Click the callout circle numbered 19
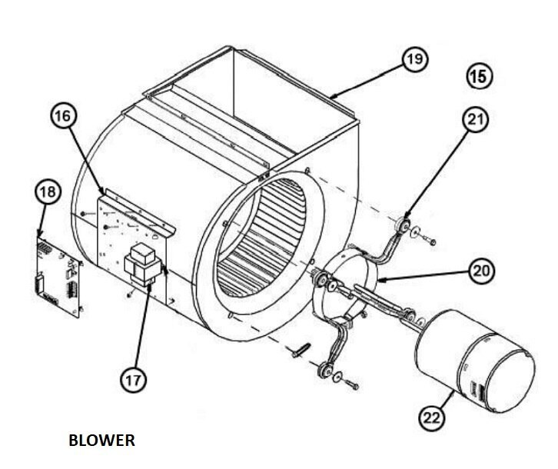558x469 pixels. (415, 59)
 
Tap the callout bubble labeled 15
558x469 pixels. (479, 77)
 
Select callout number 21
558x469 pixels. (476, 120)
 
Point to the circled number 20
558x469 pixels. (482, 271)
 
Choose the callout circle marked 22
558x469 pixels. (432, 417)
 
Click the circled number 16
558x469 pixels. (64, 116)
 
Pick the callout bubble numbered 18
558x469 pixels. (48, 192)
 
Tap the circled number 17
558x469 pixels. (133, 380)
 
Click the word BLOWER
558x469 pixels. (101, 441)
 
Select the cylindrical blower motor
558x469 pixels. (475, 360)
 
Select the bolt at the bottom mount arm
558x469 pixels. (351, 384)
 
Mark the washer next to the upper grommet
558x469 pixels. (415, 233)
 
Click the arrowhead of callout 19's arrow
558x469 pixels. (332, 95)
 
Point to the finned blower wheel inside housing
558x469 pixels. (261, 238)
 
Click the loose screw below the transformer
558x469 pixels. (131, 294)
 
